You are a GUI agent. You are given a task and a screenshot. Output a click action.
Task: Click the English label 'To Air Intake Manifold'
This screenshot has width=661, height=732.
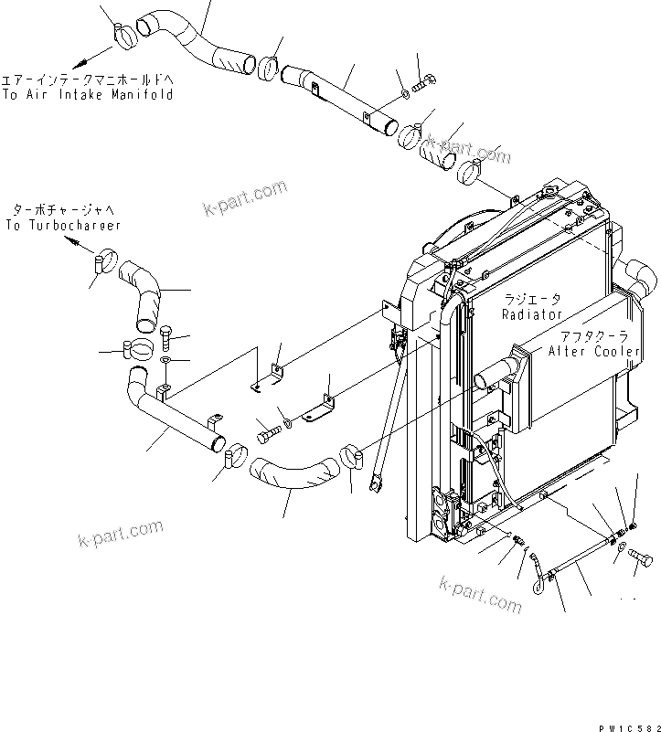pos(88,94)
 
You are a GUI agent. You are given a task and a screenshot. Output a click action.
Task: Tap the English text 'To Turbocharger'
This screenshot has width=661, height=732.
pos(62,224)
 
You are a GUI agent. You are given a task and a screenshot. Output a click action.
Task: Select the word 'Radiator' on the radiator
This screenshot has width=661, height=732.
pos(531,314)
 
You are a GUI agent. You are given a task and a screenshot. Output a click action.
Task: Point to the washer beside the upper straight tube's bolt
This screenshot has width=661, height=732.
pos(403,94)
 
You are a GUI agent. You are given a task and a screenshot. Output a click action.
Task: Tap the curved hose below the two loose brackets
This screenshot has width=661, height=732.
pos(291,474)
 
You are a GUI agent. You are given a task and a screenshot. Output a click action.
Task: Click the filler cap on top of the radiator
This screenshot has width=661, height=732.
pos(551,191)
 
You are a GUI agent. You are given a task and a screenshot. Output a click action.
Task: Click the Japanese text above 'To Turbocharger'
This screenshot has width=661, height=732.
pos(62,209)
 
